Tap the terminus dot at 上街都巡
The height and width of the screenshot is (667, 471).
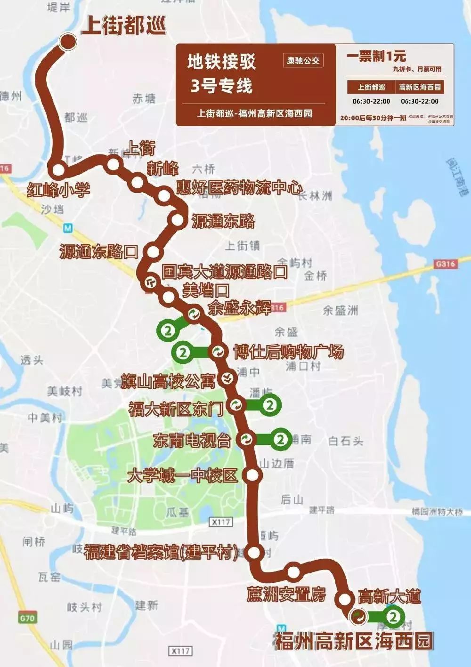click(68, 42)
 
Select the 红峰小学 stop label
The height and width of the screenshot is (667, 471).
click(58, 190)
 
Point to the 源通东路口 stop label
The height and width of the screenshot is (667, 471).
click(98, 252)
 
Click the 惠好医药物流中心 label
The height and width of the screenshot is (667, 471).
click(239, 187)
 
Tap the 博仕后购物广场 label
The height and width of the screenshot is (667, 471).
click(289, 352)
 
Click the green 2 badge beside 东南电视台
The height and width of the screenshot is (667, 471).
click(281, 439)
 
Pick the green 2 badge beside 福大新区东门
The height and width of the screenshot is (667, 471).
click(270, 404)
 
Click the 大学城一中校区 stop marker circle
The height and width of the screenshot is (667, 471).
click(253, 475)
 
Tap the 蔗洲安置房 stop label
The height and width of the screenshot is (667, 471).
click(286, 594)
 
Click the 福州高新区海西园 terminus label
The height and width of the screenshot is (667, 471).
click(354, 641)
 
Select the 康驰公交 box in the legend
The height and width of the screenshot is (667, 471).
click(303, 60)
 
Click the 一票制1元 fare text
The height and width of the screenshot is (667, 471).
click(376, 56)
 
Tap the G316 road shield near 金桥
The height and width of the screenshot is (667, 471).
click(445, 264)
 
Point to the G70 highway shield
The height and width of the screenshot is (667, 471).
click(27, 617)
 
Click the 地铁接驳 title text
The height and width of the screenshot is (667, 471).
click(221, 61)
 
